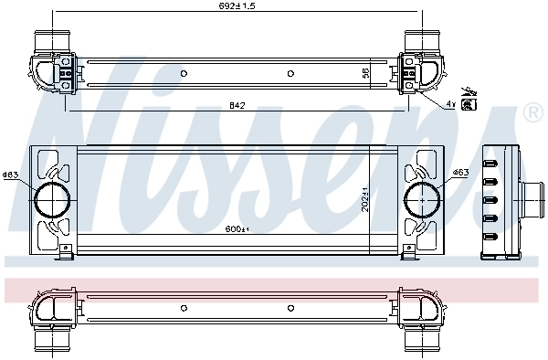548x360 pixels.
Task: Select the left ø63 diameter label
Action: pos(10,175)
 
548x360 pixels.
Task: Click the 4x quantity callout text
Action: pos(450,104)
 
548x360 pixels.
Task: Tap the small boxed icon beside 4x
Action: pos(469,105)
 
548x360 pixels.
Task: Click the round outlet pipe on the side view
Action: pos(531,196)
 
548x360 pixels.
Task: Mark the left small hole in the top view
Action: pos(184,73)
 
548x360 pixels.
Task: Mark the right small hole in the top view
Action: pos(290,73)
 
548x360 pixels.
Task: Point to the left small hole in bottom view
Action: pos(184,307)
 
